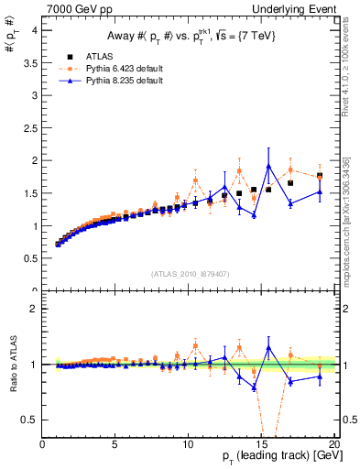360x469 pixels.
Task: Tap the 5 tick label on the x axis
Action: pos(115,444)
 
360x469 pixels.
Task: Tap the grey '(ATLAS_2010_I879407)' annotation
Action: pos(190,273)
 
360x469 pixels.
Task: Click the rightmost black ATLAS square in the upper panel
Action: pos(319,176)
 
